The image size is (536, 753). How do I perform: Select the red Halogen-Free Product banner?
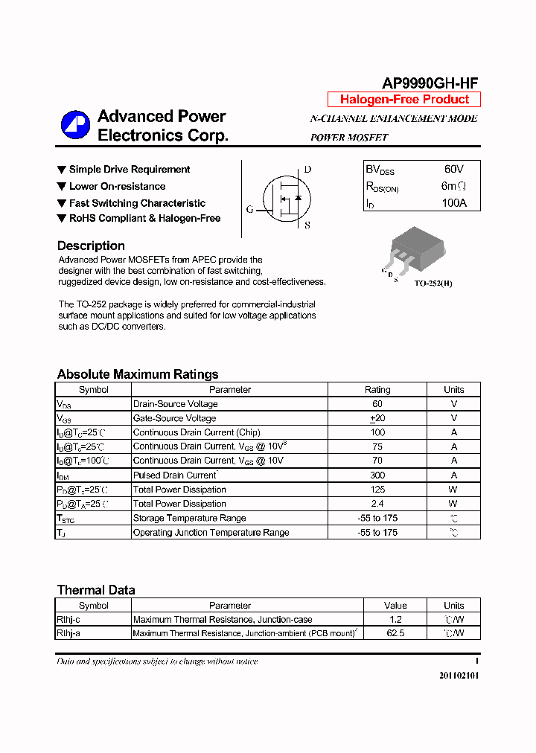point(404,100)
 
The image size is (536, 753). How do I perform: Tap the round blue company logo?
point(75,125)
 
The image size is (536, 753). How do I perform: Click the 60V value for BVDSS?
point(453,170)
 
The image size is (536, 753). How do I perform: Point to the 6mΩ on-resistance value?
point(453,186)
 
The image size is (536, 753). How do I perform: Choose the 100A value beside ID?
point(453,202)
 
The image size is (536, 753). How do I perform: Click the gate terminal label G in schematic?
point(249,209)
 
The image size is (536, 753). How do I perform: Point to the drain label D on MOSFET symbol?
point(307,170)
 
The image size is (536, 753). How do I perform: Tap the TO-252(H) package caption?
point(433,283)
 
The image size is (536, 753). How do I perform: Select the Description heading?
point(91,246)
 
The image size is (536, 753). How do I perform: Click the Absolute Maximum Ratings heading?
point(138,374)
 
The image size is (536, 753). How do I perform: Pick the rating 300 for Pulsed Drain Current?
point(377,475)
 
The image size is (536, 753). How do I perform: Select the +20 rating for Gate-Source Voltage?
point(377,418)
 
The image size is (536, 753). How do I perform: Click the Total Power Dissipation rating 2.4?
point(377,504)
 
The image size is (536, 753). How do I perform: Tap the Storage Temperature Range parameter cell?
point(189,518)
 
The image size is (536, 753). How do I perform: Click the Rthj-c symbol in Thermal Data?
point(68,619)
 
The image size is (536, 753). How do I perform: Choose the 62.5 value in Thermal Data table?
point(395,633)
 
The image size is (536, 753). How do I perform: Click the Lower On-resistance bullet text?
point(117,186)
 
